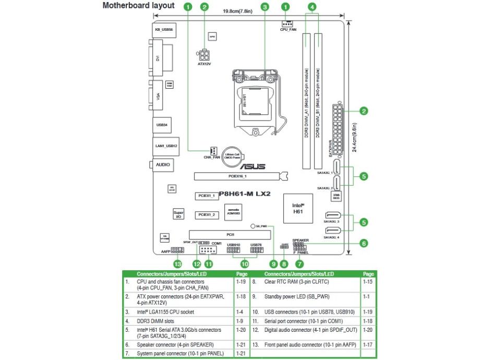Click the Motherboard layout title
tap(138, 5)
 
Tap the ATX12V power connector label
tap(204, 64)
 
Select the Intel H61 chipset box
tap(297, 209)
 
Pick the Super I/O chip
tap(178, 214)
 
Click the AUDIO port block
tap(162, 164)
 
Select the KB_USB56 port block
tap(164, 30)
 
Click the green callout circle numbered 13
tap(178, 264)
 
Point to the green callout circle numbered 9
tap(272, 264)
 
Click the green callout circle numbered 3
tap(265, 7)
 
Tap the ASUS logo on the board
tap(252, 167)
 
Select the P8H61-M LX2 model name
tap(244, 193)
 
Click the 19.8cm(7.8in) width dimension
tap(237, 11)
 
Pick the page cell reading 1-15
tap(368, 282)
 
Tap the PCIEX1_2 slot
tap(207, 214)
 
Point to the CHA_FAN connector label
tap(211, 157)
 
